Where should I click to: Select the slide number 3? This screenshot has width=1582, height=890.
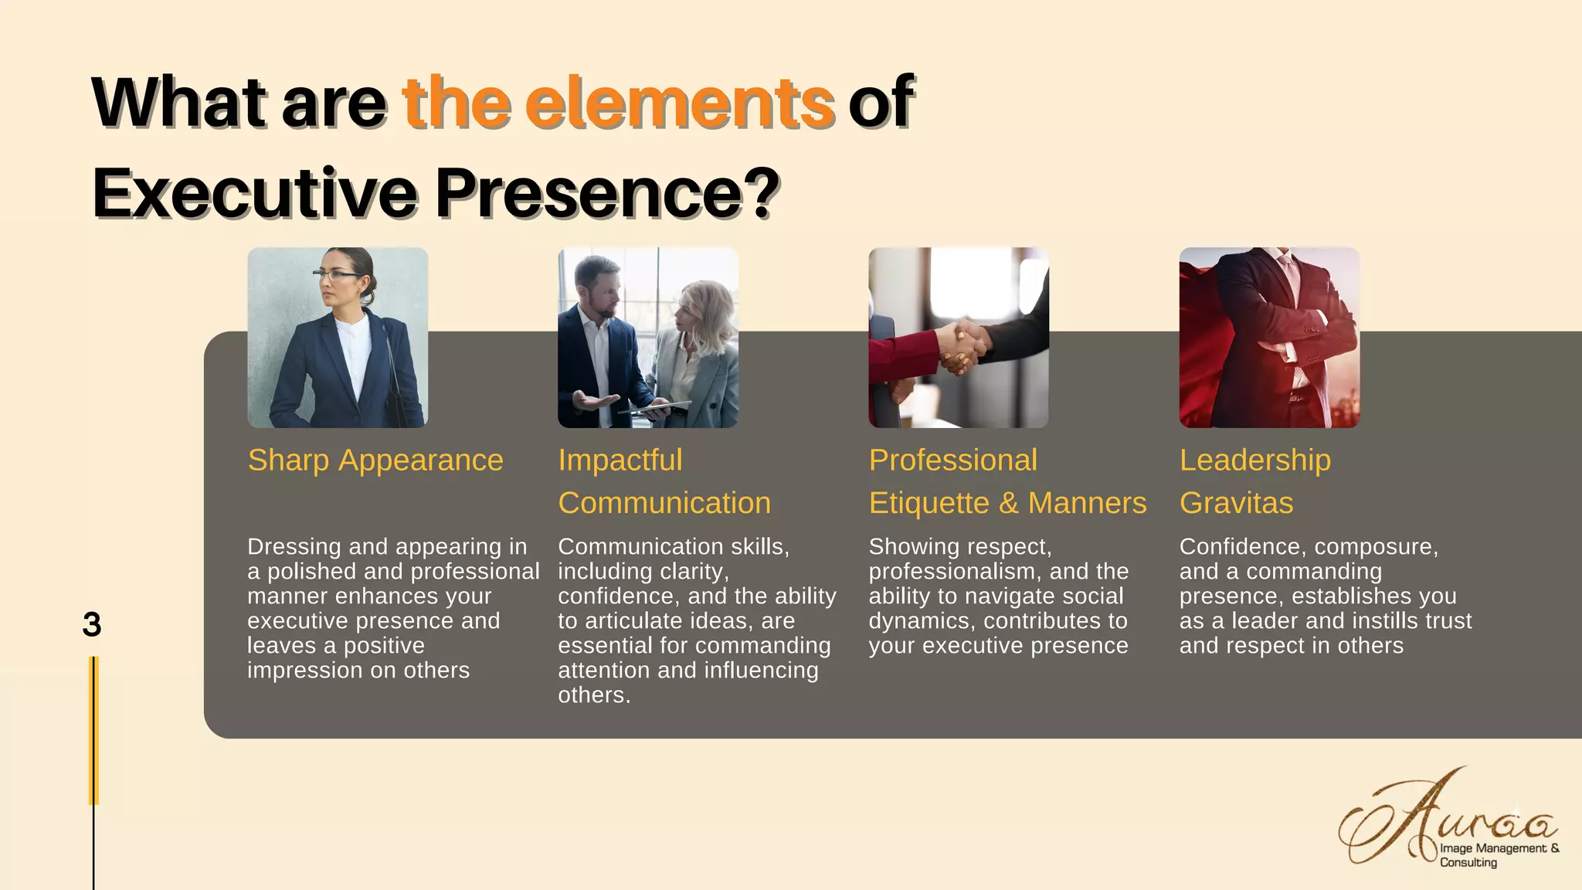[x=91, y=624]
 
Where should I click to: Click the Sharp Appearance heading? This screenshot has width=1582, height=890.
[x=375, y=460]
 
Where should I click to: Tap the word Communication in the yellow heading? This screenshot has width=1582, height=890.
[x=664, y=503]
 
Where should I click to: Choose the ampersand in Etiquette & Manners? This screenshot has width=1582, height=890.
[x=1008, y=503]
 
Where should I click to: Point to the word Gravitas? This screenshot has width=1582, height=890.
[x=1236, y=503]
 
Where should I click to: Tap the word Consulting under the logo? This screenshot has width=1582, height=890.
[x=1468, y=862]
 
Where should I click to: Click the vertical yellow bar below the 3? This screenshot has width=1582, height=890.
[x=94, y=730]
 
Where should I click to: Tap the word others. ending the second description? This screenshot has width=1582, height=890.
[x=593, y=695]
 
